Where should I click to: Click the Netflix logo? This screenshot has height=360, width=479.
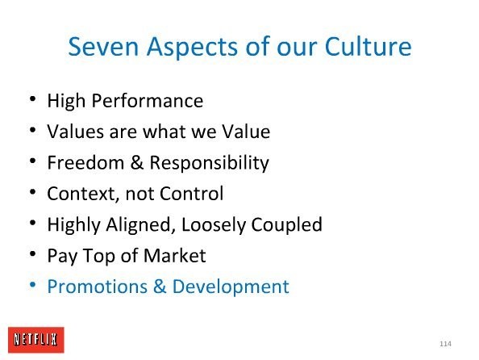point(36,340)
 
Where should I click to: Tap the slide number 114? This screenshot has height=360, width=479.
point(445,344)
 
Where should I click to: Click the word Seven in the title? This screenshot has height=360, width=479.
point(103,47)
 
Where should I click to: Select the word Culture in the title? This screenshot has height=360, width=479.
point(368,47)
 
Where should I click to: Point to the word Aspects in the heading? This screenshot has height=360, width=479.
point(192,48)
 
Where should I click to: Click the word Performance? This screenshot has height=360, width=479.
point(148,100)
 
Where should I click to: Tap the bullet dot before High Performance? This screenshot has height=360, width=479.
point(33,98)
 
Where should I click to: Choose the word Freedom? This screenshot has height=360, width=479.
point(85,162)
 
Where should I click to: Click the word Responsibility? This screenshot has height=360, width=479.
point(209,163)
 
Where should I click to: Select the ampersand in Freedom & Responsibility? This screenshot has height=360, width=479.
point(136,162)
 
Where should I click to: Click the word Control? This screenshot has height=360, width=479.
point(192,193)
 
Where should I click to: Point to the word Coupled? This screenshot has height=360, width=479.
point(287,225)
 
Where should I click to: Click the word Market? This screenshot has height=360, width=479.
point(175,255)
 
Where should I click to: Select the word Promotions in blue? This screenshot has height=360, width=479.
point(98,287)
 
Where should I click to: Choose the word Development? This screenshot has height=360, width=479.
point(231,287)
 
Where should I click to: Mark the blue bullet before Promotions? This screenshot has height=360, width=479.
point(33,285)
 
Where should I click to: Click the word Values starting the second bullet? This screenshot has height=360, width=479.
point(75,132)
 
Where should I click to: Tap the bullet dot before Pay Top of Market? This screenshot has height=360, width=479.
point(33,253)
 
